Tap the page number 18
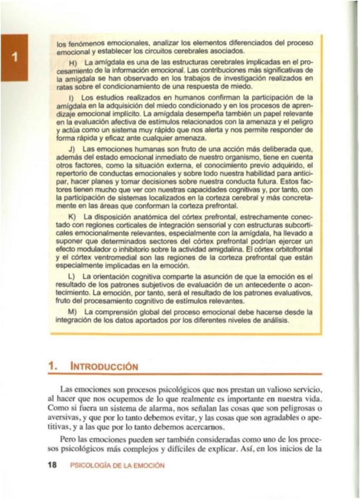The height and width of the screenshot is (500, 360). pos(52,465)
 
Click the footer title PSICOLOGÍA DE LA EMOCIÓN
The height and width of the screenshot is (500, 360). pos(117,465)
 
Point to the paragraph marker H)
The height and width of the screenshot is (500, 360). pos(73,62)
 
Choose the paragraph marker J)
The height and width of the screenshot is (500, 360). pos(72,150)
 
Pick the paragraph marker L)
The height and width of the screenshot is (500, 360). pos(72,276)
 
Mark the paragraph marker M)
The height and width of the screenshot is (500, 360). pos(73,310)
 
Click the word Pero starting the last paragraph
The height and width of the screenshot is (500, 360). pos(71,440)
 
